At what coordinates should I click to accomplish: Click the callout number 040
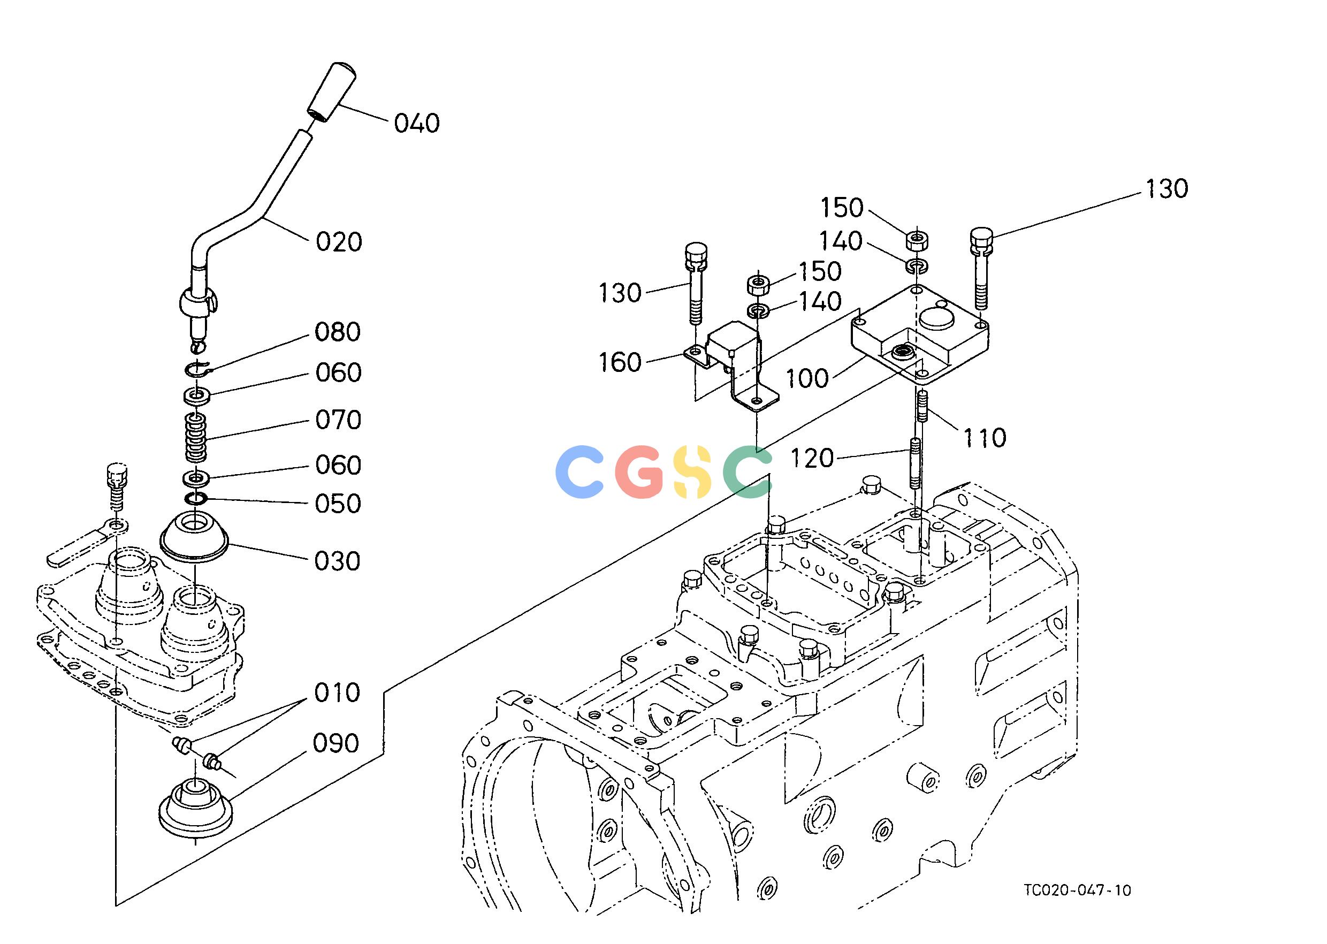click(x=417, y=123)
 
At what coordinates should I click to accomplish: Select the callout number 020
click(x=339, y=242)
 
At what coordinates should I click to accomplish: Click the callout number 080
click(x=338, y=332)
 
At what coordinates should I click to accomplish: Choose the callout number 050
click(x=338, y=504)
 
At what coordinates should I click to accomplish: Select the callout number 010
click(x=337, y=693)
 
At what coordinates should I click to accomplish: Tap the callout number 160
click(x=620, y=363)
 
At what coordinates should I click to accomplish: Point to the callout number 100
click(x=807, y=378)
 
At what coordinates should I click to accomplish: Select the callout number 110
click(x=985, y=438)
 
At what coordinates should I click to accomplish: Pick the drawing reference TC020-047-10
click(x=1078, y=907)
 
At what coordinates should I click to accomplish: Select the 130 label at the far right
click(x=1166, y=189)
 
